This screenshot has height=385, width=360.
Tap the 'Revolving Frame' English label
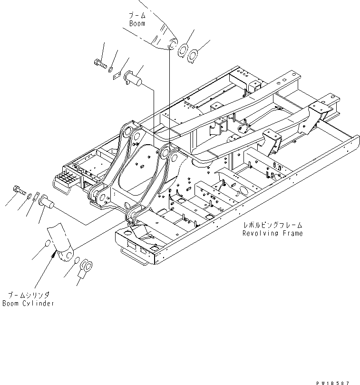point(272,233)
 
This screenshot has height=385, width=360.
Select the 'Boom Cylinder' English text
point(28,303)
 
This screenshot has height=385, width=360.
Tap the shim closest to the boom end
point(183,50)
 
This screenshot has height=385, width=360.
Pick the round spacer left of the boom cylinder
point(47,245)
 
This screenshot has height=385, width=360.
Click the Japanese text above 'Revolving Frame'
point(272,226)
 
